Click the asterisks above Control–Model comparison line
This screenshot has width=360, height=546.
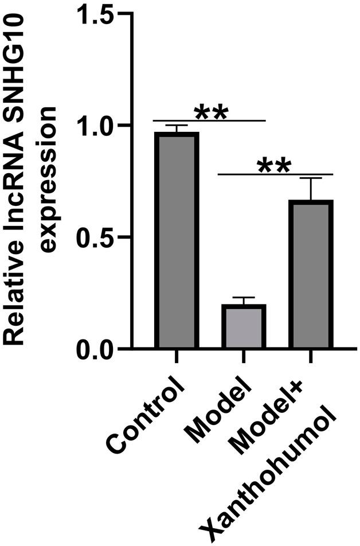pos(212,112)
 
